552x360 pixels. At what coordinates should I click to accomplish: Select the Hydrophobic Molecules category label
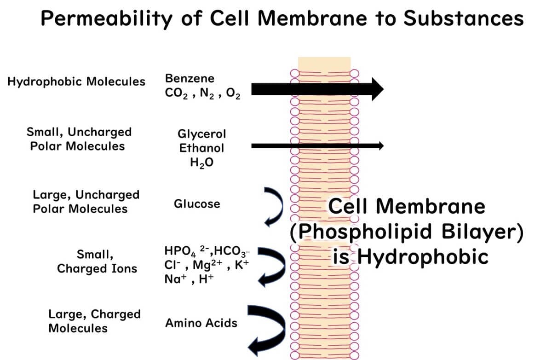click(x=76, y=82)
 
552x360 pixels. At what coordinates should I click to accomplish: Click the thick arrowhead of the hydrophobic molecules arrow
click(x=376, y=88)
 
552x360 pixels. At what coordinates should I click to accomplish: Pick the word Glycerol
click(x=202, y=134)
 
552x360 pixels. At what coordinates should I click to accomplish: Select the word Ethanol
click(x=202, y=148)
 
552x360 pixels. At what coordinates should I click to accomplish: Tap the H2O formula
click(x=201, y=163)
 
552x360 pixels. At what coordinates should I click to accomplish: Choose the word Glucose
click(x=197, y=203)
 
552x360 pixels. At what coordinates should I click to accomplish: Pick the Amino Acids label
click(x=201, y=323)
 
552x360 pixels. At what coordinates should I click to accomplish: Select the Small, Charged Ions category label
click(x=97, y=261)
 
